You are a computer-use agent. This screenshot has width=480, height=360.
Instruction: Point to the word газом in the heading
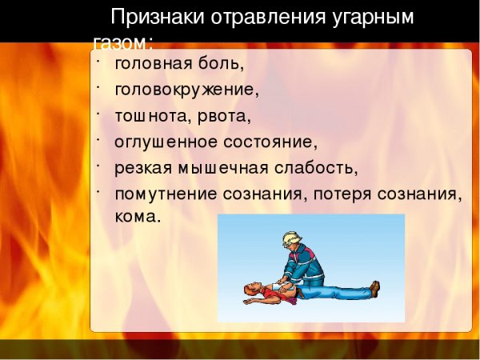click(120, 42)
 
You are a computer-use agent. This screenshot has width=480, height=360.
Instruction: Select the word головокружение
click(186, 88)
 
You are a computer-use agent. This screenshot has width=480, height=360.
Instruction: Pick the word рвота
click(224, 115)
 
